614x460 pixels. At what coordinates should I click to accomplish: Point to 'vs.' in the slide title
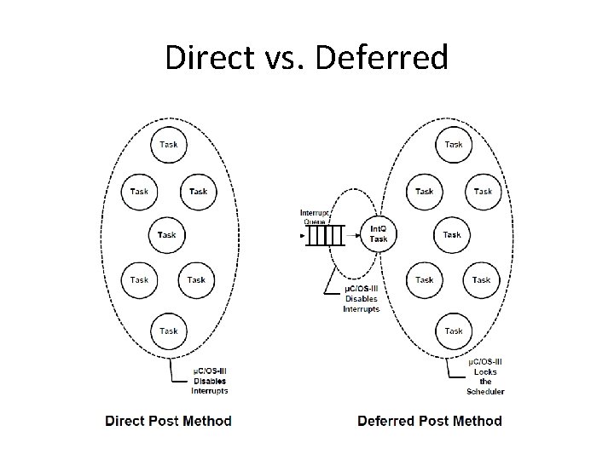pos(291,57)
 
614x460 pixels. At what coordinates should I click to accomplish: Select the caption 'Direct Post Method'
pos(168,420)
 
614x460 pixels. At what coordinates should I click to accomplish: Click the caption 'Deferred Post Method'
pos(430,420)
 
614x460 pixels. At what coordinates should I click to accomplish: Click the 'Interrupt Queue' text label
pos(315,216)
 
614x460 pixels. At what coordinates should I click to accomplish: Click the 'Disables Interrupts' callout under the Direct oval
pos(210,381)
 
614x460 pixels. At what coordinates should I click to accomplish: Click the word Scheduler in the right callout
pos(485,392)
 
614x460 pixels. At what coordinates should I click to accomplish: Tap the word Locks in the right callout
pos(485,371)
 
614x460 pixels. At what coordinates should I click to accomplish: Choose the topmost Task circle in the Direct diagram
pos(169,145)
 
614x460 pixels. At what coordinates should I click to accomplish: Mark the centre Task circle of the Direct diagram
pos(167,234)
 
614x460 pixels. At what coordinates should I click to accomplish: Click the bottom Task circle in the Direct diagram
pos(169,331)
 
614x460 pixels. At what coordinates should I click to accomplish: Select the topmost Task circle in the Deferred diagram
pos(454,145)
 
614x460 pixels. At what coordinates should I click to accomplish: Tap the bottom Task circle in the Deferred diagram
pos(454,331)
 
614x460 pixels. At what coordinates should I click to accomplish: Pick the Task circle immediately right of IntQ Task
pos(452,234)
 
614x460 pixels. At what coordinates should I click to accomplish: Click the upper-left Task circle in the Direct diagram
pos(139,191)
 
